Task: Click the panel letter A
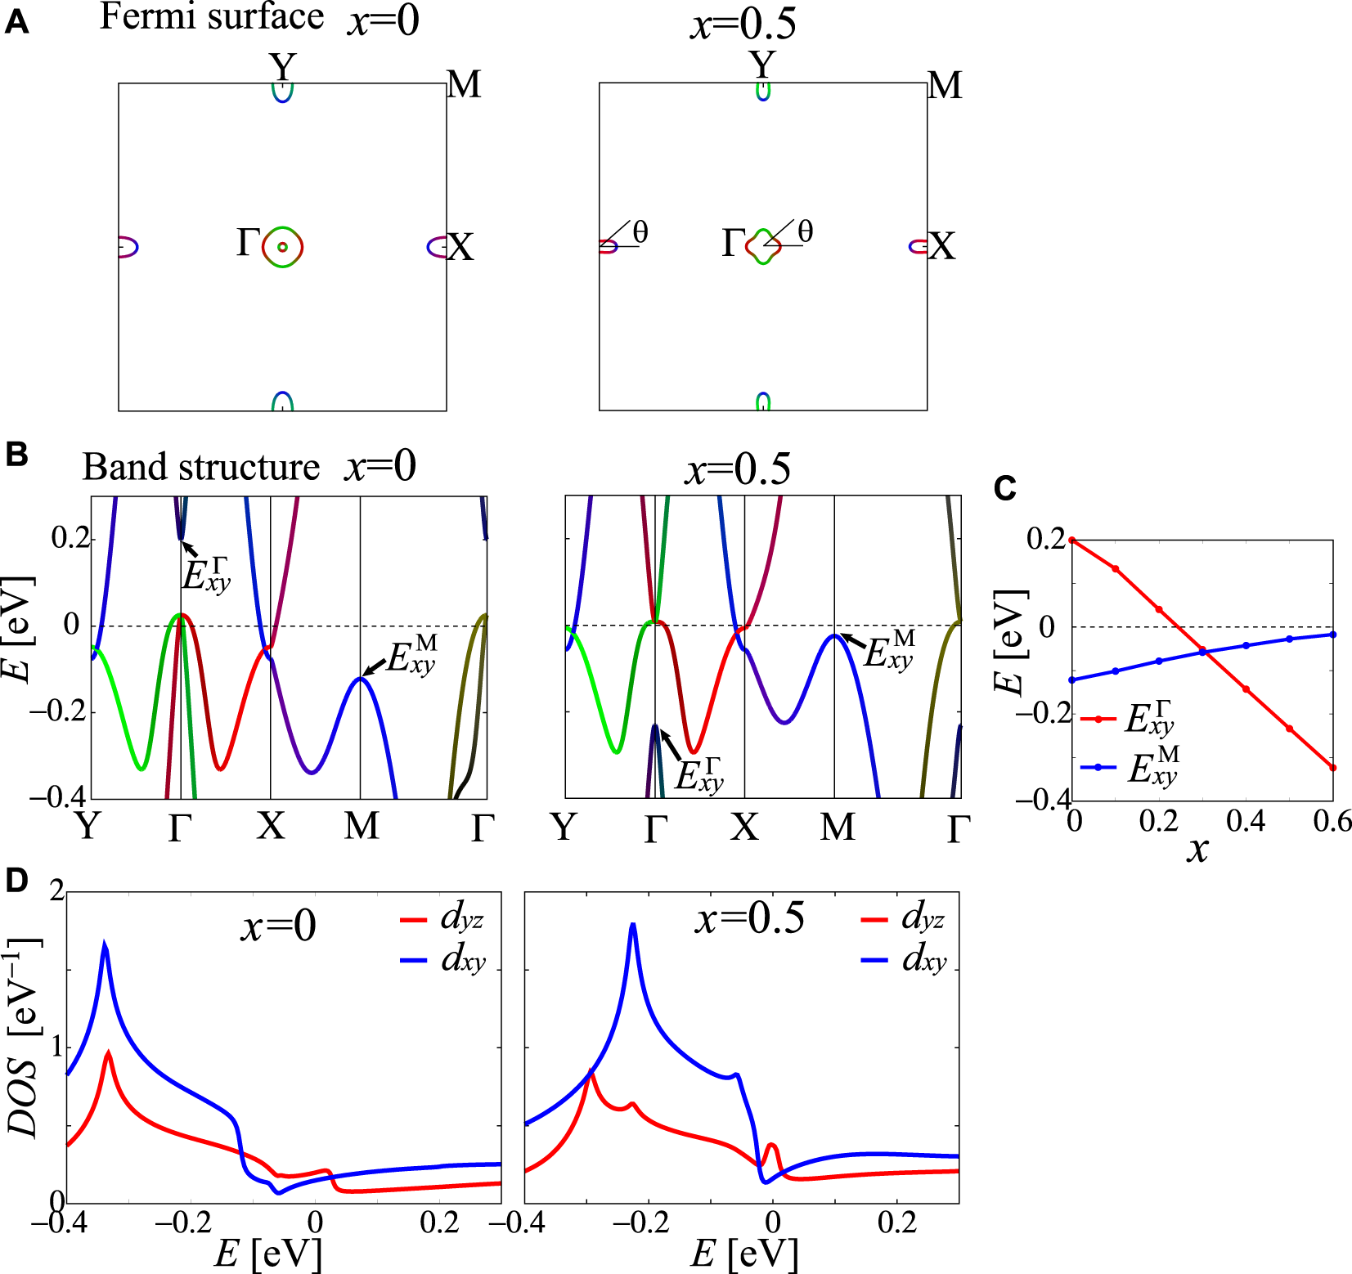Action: pyautogui.click(x=16, y=23)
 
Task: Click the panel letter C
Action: pyautogui.click(x=1004, y=488)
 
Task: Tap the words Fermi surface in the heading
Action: pyautogui.click(x=211, y=16)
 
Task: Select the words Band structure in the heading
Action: pyautogui.click(x=200, y=468)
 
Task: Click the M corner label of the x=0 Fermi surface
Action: pyautogui.click(x=464, y=85)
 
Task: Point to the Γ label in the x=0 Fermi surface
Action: pyautogui.click(x=248, y=243)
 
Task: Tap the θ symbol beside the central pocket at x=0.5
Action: pyautogui.click(x=805, y=231)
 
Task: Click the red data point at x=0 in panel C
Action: pyautogui.click(x=1071, y=540)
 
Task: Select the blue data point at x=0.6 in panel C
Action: pyautogui.click(x=1333, y=635)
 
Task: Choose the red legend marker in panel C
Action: pyautogui.click(x=1098, y=719)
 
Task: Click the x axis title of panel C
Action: pyautogui.click(x=1197, y=850)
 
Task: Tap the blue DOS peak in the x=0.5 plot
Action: pyautogui.click(x=632, y=926)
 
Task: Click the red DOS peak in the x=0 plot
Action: pyautogui.click(x=108, y=1053)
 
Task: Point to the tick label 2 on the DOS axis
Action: pyautogui.click(x=56, y=890)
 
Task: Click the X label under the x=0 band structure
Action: pyautogui.click(x=271, y=826)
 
